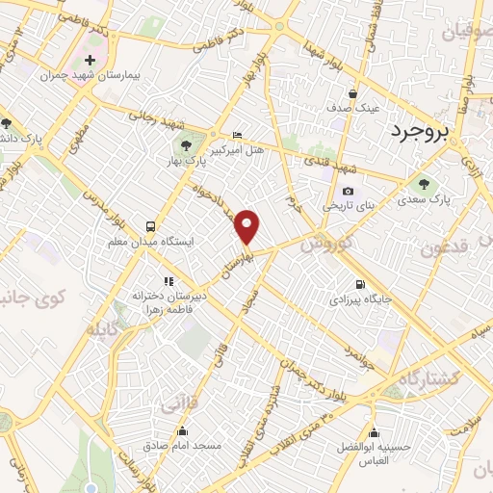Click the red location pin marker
pos(248,226)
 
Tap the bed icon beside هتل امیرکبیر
pos(238,136)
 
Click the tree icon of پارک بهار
pos(186,145)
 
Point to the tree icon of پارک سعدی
pos(421,184)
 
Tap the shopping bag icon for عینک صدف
pos(354,94)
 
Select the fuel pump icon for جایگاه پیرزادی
pos(360,284)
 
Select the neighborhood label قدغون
pos(445,246)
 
